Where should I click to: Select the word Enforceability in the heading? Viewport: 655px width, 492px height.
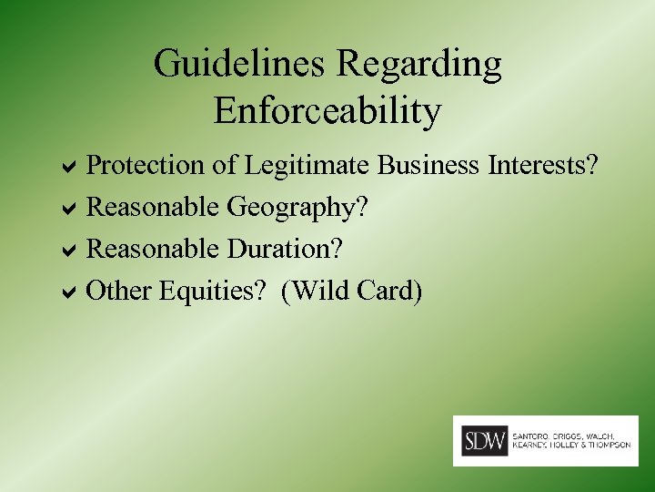pyautogui.click(x=327, y=111)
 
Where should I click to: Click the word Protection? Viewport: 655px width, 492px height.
pyautogui.click(x=146, y=166)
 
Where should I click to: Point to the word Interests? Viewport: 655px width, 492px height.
pyautogui.click(x=542, y=166)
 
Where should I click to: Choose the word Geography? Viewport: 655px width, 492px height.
pyautogui.click(x=297, y=208)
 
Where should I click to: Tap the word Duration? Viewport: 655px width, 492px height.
pyautogui.click(x=286, y=249)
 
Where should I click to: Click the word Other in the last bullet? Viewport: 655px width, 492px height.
pyautogui.click(x=118, y=292)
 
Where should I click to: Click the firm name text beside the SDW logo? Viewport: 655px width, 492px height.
pyautogui.click(x=571, y=440)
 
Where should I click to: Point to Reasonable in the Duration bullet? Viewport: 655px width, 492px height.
pyautogui.click(x=153, y=249)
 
